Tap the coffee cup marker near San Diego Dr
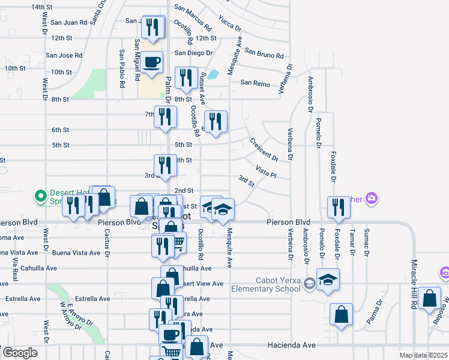(x=152, y=61)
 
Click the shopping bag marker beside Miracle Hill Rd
(x=430, y=298)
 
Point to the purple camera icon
(x=372, y=197)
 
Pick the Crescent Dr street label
(x=264, y=149)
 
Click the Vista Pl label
(x=265, y=173)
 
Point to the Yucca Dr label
(x=230, y=23)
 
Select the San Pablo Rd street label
(x=122, y=64)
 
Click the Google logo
(x=19, y=353)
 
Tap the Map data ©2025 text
(x=423, y=355)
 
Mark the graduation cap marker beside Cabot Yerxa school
(x=328, y=279)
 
